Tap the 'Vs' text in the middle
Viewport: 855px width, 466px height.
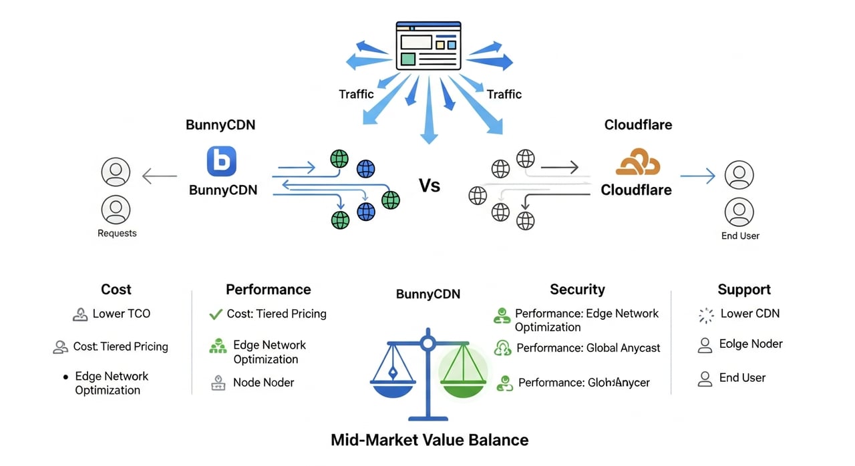pos(430,185)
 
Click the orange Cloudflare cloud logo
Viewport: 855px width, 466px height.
pos(637,163)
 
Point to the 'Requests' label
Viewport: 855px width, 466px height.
pos(117,233)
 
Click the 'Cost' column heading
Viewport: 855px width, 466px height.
pos(116,289)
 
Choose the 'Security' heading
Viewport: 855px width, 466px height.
pos(577,289)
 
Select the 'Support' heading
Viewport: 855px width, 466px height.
pos(744,289)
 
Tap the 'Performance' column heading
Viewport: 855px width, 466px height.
pos(269,289)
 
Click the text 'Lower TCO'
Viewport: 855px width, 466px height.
pos(121,313)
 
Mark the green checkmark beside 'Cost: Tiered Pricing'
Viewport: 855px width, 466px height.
pos(216,313)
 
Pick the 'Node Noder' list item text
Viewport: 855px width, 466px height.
pos(264,383)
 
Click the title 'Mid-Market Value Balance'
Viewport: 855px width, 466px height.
pos(430,440)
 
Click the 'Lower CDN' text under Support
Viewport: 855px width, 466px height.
pos(750,313)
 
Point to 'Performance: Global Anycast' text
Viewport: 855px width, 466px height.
pos(588,348)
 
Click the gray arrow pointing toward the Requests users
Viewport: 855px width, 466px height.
pos(160,177)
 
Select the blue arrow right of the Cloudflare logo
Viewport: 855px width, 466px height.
pos(697,176)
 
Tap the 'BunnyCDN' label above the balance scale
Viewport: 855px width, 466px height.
pos(428,294)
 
